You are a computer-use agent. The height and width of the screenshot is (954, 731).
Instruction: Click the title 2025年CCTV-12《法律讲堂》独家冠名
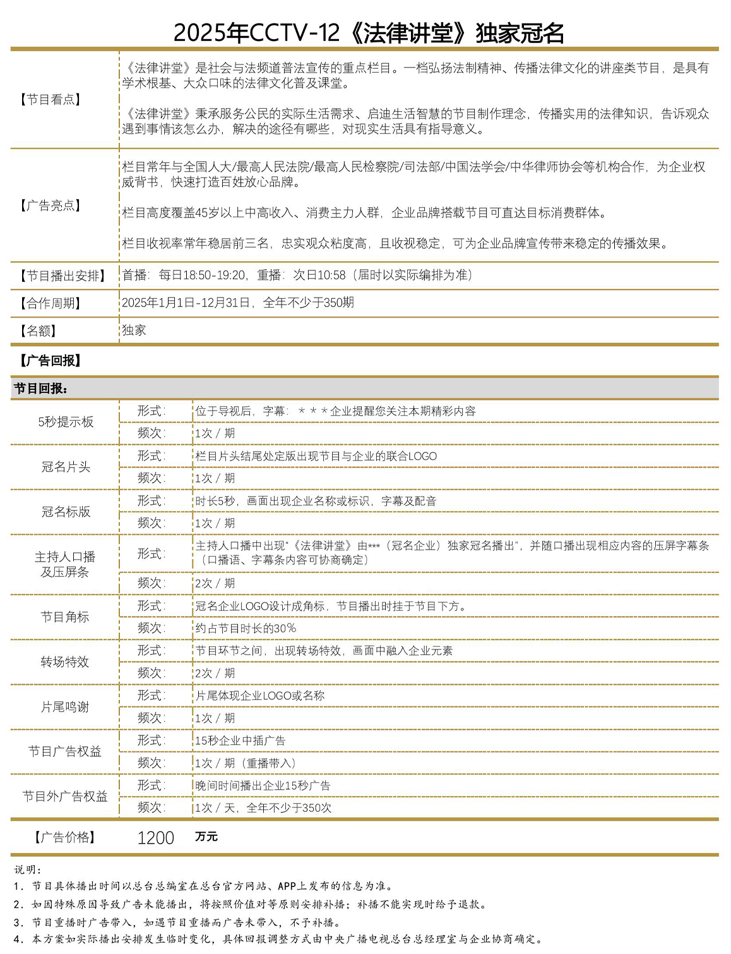pyautogui.click(x=369, y=33)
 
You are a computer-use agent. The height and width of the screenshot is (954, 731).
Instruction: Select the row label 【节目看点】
pyautogui.click(x=51, y=99)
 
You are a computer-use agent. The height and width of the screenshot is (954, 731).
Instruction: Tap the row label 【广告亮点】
pyautogui.click(x=51, y=205)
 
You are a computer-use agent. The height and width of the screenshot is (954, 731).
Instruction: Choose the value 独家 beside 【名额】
pyautogui.click(x=134, y=330)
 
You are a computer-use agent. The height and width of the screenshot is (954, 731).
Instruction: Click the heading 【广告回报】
pyautogui.click(x=51, y=361)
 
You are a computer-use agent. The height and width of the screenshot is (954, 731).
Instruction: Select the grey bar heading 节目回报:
pyautogui.click(x=41, y=389)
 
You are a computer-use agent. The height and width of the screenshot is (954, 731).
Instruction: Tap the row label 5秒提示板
pyautogui.click(x=66, y=422)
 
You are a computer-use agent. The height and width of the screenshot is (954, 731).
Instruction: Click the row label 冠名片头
pyautogui.click(x=66, y=467)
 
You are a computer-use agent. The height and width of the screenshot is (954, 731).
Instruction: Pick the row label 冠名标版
pyautogui.click(x=66, y=512)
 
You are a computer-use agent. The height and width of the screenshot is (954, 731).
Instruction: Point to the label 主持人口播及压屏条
pyautogui.click(x=65, y=564)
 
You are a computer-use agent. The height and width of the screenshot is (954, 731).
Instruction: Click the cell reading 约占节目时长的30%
pyautogui.click(x=246, y=628)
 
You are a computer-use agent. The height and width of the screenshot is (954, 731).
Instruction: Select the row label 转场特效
pyautogui.click(x=65, y=661)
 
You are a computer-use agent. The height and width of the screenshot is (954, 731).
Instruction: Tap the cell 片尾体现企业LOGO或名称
pyautogui.click(x=260, y=696)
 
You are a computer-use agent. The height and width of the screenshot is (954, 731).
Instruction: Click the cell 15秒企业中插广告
pyautogui.click(x=240, y=740)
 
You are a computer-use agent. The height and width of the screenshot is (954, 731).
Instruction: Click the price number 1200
pyautogui.click(x=155, y=838)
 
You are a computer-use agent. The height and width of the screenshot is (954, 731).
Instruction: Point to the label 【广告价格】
pyautogui.click(x=65, y=838)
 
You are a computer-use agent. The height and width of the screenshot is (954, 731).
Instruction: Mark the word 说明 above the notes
pyautogui.click(x=28, y=870)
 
